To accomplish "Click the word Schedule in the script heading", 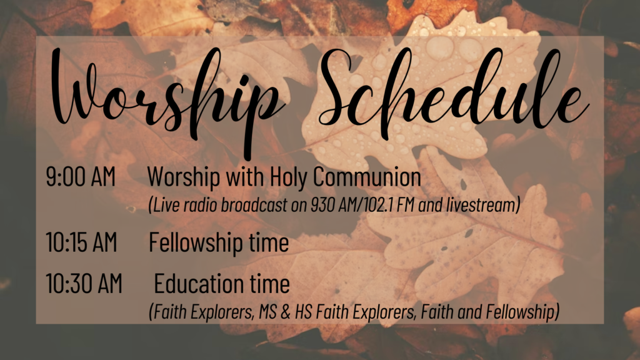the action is coord(453,87).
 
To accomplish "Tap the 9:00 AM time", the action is coord(81,177).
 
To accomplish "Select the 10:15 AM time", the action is coord(81,242).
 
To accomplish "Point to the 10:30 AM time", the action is coord(84,283).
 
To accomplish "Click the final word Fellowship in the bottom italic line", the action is coord(520,313).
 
